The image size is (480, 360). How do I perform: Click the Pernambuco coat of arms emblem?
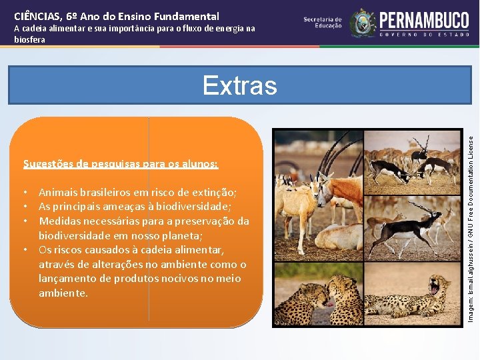[x=363, y=23]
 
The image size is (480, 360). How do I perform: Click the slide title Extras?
[x=239, y=85]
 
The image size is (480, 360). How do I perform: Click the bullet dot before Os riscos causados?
[x=25, y=250]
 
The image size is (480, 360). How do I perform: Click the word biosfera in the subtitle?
[x=29, y=39]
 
